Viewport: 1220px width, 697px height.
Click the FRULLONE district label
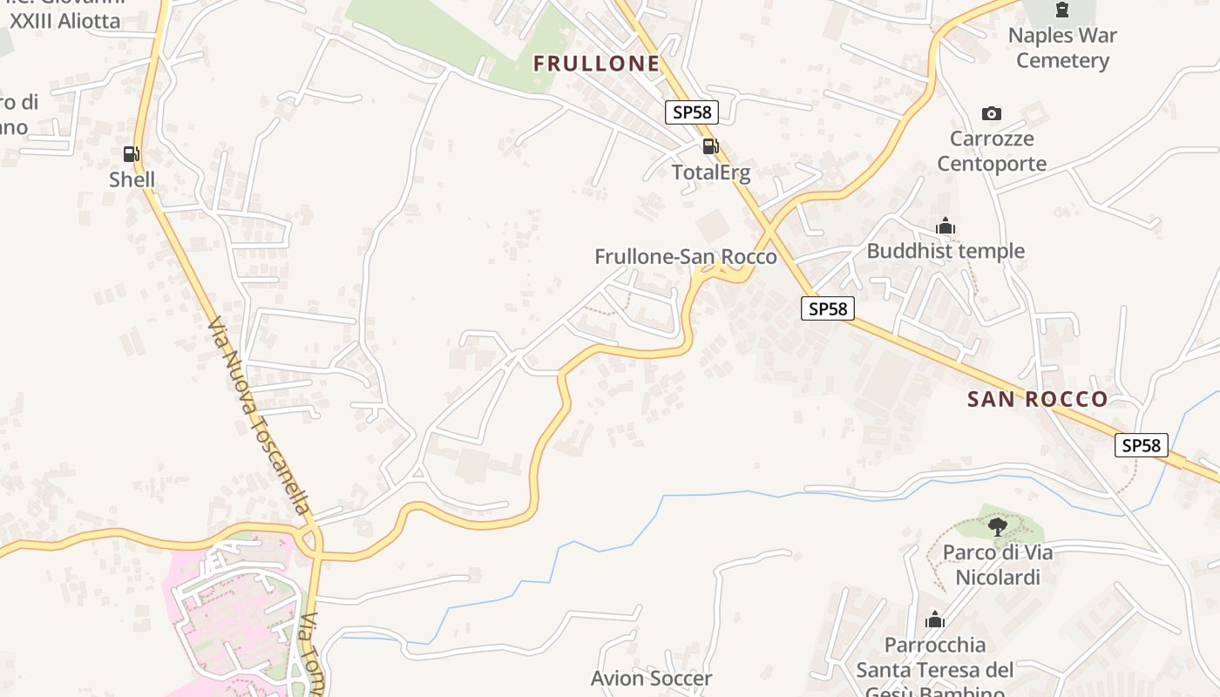click(596, 64)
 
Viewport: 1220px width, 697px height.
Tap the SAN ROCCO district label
click(1037, 399)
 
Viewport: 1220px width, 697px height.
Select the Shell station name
click(132, 179)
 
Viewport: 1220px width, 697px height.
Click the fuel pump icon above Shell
click(131, 154)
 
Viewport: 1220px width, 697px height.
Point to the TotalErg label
click(711, 172)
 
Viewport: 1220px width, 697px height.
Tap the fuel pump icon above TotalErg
click(710, 146)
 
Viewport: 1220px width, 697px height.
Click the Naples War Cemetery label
click(1062, 48)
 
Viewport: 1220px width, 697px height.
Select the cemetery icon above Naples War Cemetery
click(1061, 10)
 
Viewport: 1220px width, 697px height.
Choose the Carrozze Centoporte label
click(992, 151)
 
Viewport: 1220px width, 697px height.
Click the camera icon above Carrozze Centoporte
click(991, 113)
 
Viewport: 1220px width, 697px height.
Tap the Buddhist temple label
click(945, 251)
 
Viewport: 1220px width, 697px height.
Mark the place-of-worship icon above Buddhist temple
click(945, 227)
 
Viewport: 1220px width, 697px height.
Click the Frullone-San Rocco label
click(685, 256)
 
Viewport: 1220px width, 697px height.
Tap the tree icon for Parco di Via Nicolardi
click(998, 526)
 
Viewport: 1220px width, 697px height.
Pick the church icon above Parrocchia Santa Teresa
click(935, 620)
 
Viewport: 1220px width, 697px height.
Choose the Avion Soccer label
click(651, 678)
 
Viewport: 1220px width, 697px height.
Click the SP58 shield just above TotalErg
click(693, 112)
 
